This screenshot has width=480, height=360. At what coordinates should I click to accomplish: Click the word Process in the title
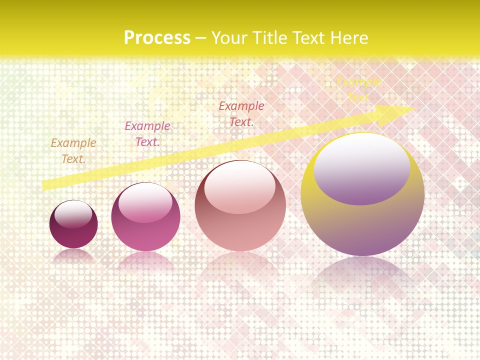click(x=157, y=38)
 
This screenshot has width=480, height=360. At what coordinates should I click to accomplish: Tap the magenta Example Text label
click(x=147, y=134)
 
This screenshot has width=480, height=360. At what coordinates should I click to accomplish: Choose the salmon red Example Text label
click(x=241, y=113)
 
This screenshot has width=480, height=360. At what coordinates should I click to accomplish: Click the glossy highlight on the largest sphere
click(x=362, y=168)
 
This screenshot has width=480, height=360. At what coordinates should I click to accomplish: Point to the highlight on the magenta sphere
click(x=145, y=202)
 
